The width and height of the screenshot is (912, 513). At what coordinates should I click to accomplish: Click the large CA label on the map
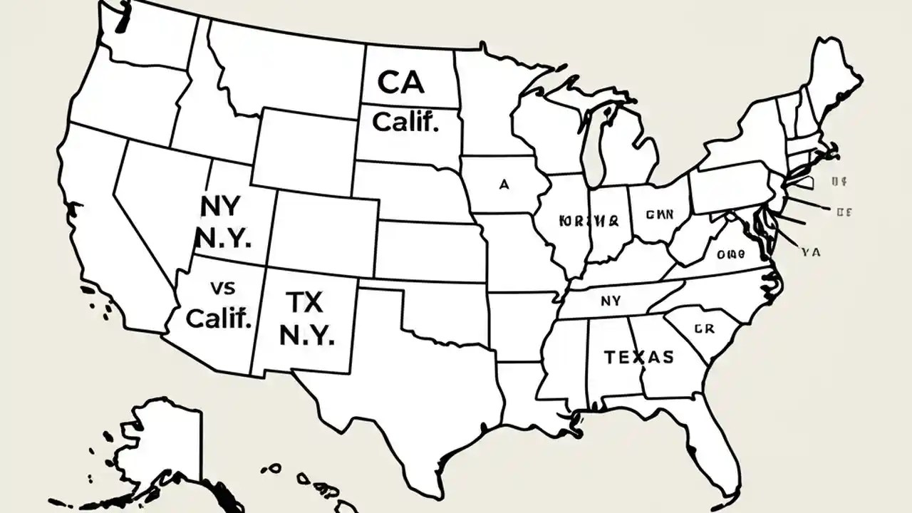[400, 83]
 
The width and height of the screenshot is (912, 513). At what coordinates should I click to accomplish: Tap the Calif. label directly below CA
[405, 122]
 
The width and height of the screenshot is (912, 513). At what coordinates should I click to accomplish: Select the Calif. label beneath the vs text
[219, 318]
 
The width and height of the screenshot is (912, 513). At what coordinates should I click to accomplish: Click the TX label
[304, 303]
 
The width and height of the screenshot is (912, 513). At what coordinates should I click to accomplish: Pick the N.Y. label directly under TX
[307, 336]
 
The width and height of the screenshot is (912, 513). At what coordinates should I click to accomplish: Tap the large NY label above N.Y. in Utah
[222, 206]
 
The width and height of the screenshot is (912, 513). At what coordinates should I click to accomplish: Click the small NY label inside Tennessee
[611, 301]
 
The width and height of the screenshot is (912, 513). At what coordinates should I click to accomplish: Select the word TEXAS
[638, 357]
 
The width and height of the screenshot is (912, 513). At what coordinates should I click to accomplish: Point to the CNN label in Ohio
[660, 214]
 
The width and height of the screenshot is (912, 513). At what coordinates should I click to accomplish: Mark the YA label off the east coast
[811, 251]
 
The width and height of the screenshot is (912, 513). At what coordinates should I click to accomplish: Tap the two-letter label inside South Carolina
[703, 328]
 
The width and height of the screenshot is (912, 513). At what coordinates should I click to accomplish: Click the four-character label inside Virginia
[730, 254]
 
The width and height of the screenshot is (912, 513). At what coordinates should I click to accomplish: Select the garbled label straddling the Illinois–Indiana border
[589, 220]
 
